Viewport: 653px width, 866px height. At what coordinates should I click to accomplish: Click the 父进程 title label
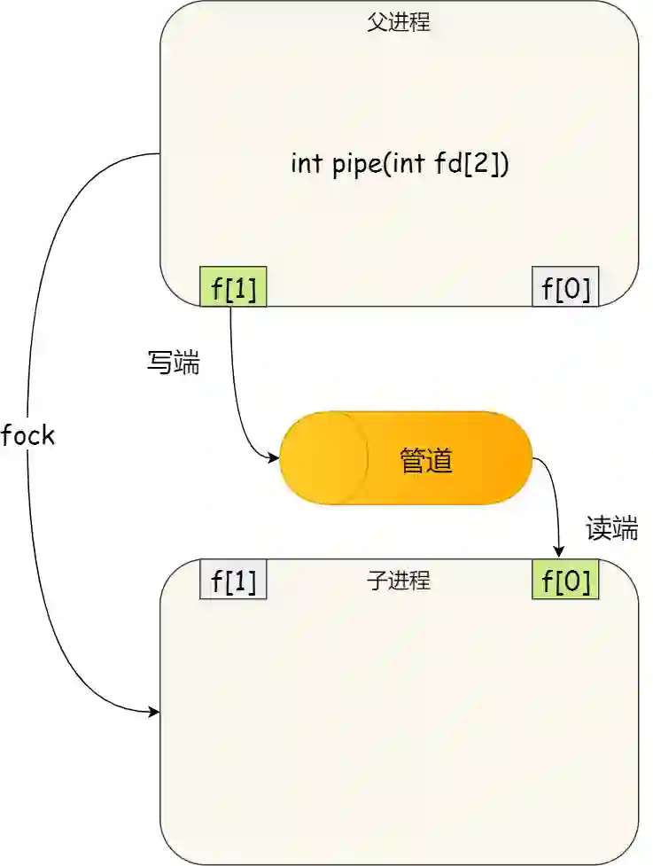coord(399,23)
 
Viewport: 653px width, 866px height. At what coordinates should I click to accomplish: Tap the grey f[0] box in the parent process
coord(565,287)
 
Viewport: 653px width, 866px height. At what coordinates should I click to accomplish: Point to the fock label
coord(28,435)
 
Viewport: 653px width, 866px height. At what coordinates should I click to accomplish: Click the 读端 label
coord(611,529)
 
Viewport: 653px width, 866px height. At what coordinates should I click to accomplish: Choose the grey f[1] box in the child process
coord(234,581)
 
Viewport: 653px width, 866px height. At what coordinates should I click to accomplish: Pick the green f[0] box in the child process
coord(565,581)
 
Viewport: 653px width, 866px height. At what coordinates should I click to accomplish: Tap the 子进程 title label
coord(399,581)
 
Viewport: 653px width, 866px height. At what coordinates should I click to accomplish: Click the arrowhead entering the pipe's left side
coord(275,458)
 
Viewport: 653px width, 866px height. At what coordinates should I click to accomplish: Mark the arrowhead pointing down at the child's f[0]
coord(559,553)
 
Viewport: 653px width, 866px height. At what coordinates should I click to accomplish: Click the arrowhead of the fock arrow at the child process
coord(155,712)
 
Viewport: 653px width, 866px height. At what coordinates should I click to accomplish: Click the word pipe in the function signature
coord(356,166)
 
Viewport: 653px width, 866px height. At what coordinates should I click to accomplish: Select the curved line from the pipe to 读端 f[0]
coord(553,488)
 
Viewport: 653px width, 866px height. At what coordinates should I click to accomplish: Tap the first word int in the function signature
coord(306,164)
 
